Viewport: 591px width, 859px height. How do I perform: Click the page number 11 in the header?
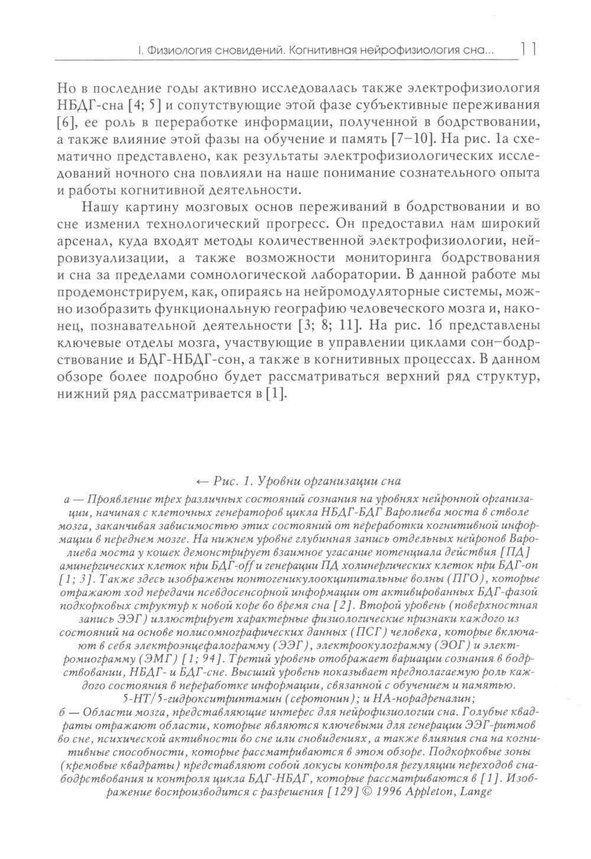[528, 49]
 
